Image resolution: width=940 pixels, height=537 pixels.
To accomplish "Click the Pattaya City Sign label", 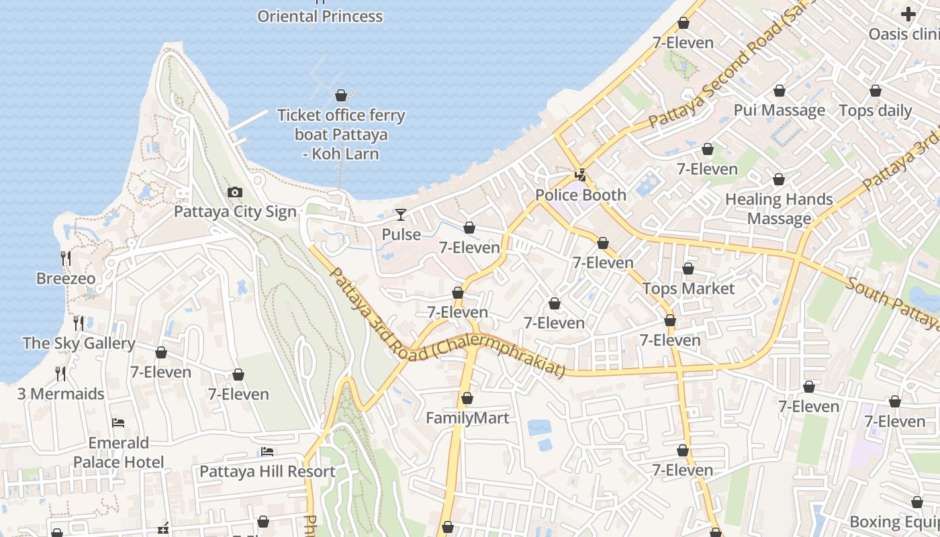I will pos(235,212).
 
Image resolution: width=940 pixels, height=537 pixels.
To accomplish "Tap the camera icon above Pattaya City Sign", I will pos(234,193).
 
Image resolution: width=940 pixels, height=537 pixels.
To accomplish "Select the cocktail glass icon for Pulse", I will pos(401,215).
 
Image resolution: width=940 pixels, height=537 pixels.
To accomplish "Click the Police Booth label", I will pos(581,195).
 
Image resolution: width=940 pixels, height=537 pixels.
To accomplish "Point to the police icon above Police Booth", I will pos(581,176).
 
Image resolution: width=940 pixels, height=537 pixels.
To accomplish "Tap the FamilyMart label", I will pos(467,418).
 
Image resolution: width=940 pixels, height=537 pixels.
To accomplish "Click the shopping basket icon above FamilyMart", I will pos(467,399).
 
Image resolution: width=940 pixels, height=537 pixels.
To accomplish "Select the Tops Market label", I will pos(688,289).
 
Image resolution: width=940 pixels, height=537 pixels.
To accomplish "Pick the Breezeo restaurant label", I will pos(66,279).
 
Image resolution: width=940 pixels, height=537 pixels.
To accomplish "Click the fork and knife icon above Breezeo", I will pos(66,258).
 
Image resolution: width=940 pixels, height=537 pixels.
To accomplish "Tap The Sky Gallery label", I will pos(79,344).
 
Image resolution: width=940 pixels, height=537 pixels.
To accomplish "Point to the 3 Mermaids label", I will pos(61,394).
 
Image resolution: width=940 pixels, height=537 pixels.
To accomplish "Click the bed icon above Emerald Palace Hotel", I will pos(118,423).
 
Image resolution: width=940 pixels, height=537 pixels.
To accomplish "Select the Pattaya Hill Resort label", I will pos(267,472).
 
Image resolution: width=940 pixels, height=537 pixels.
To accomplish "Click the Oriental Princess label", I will pos(320,16).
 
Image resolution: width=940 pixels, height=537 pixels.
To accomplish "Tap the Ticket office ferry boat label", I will pos(341,134).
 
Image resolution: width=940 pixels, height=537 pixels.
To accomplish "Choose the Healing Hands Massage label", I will pos(779,209).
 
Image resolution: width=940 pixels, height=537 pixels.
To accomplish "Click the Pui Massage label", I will pos(779,110).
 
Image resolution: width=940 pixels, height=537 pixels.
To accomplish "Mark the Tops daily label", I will pos(876,111).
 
